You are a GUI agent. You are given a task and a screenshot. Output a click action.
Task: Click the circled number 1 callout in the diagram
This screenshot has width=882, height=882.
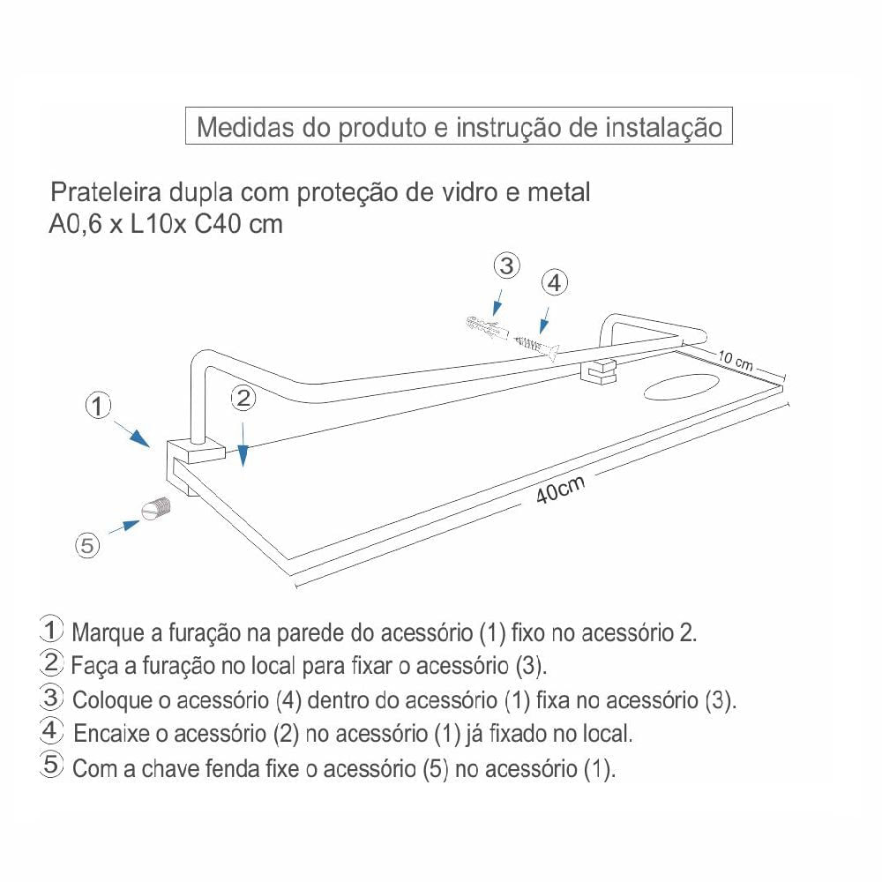click(98, 407)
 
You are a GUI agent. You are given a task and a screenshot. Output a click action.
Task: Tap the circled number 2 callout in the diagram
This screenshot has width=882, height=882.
click(244, 399)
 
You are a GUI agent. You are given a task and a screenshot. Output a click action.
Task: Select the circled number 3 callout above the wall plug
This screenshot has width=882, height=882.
click(506, 265)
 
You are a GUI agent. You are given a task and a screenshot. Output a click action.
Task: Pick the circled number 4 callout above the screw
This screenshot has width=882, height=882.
click(554, 283)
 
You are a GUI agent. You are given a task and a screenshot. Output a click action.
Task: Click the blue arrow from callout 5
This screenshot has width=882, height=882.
click(124, 527)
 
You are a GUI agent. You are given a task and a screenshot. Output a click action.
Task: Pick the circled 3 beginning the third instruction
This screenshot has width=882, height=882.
click(52, 698)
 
